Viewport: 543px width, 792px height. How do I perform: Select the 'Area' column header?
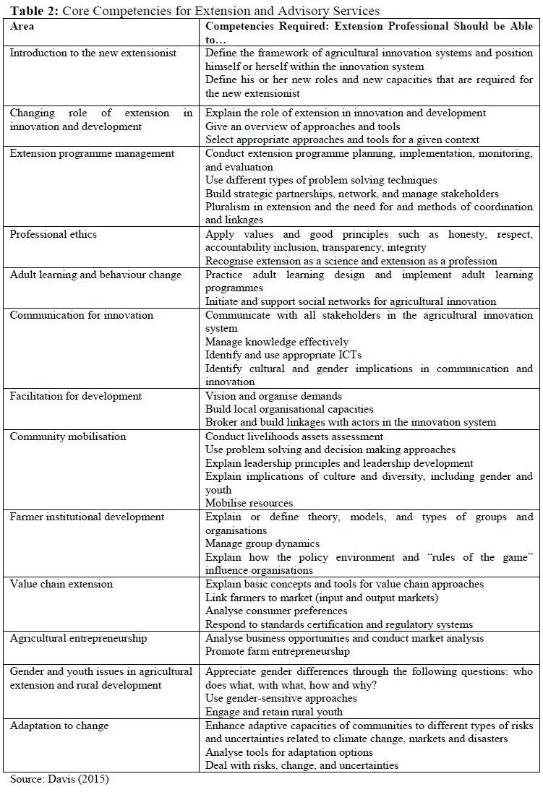(x=22, y=26)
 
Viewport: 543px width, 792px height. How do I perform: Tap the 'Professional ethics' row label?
(x=54, y=234)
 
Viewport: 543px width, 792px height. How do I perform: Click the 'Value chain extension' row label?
(x=61, y=584)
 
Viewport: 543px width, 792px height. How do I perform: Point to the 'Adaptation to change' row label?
(x=59, y=726)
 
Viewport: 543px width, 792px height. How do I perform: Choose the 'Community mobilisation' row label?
(x=68, y=436)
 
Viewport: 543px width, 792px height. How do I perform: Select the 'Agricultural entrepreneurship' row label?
(x=78, y=638)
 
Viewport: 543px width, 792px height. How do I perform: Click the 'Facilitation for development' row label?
(x=76, y=396)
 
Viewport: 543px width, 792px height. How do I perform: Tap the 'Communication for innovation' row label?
(x=82, y=315)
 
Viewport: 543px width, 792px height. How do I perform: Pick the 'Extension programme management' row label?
(x=92, y=153)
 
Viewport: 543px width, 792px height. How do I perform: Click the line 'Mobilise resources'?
(x=249, y=503)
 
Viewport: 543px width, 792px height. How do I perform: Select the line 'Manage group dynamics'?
(x=262, y=543)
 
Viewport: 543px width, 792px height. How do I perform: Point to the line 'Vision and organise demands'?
(x=274, y=396)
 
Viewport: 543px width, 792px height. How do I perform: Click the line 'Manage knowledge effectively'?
(x=277, y=342)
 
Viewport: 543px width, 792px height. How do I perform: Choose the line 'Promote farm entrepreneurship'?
(x=278, y=651)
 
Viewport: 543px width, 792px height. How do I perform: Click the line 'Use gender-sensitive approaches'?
(x=281, y=698)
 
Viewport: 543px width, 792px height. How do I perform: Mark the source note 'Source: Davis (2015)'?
(x=59, y=779)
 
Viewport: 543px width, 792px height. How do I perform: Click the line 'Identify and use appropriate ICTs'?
(x=283, y=355)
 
